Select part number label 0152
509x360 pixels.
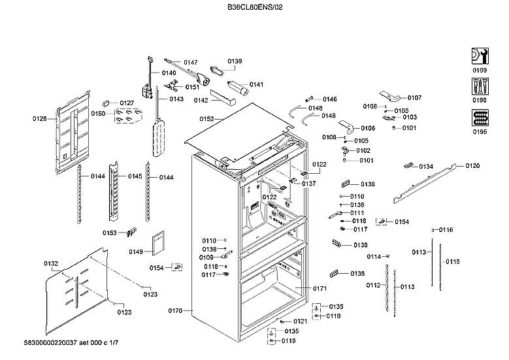207,119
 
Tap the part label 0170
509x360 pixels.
176,310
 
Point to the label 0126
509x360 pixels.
41,119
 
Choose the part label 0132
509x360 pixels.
51,263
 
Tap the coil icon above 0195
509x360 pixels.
479,118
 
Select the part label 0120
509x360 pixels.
472,166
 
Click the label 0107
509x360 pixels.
414,98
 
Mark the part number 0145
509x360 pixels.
135,176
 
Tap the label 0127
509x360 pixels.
127,103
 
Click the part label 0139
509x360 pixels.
235,61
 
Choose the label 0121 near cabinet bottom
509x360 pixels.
300,321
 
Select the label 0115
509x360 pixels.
453,261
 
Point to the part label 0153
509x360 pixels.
110,233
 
